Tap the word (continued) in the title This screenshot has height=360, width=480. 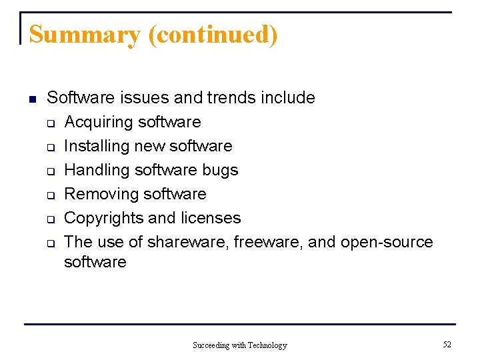pyautogui.click(x=213, y=35)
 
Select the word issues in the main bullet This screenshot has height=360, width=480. pyautogui.click(x=145, y=98)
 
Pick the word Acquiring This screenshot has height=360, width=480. pyautogui.click(x=98, y=123)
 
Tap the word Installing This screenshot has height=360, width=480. pyautogui.click(x=97, y=146)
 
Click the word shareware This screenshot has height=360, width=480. pyautogui.click(x=189, y=242)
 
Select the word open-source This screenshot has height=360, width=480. pyautogui.click(x=387, y=242)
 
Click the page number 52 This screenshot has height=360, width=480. pyautogui.click(x=447, y=345)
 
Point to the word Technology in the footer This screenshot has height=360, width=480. pyautogui.click(x=267, y=345)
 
